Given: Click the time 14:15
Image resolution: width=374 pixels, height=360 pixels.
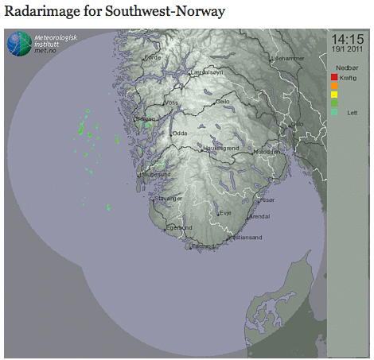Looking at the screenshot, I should point(349,39).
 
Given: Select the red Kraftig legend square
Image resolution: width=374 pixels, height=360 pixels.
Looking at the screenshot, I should point(335,77).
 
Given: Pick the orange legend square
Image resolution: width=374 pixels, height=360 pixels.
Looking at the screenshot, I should point(335,86).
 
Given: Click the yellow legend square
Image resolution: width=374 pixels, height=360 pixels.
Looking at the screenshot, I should point(335,95).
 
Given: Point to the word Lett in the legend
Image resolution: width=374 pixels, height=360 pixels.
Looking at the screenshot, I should point(353,113).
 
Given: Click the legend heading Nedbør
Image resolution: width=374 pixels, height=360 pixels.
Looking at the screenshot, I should point(346,68).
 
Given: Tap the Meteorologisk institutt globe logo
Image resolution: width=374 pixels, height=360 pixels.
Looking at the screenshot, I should point(19,45).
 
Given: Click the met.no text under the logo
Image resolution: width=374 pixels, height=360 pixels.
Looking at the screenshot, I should point(45,52).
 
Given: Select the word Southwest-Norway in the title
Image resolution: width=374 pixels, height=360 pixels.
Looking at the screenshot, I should point(165,12).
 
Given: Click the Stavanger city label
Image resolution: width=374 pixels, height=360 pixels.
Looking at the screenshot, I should point(170,199).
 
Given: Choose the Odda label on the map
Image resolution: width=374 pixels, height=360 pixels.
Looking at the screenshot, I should point(180,134).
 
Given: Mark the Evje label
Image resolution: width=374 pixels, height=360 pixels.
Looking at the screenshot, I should point(226,213).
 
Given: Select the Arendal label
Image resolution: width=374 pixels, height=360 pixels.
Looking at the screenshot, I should point(259,216).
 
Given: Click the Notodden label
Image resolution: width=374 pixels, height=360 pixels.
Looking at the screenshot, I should point(266,152).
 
